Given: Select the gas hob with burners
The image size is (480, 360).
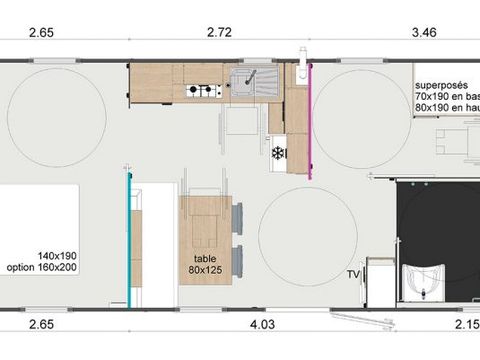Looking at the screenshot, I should coord(203,91).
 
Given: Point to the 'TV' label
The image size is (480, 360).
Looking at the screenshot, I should coord(352,273).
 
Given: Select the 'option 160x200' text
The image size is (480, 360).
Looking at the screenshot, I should coord(48,268).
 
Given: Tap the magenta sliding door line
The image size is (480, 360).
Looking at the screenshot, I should coord(311,120).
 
